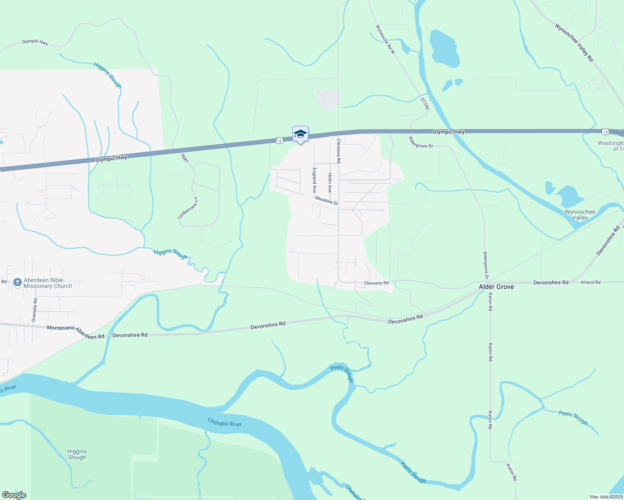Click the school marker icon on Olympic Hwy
(300, 134)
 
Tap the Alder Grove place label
(496, 287)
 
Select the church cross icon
(17, 283)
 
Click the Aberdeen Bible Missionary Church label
(48, 283)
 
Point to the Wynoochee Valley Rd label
(574, 42)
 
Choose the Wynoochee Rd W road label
(385, 40)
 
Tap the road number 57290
(425, 104)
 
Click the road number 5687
(185, 158)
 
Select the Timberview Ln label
(188, 208)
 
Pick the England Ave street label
(315, 180)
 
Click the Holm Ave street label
(330, 182)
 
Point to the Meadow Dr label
(327, 200)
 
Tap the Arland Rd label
(591, 282)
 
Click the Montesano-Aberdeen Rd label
(75, 332)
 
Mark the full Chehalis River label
(224, 422)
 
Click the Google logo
(14, 495)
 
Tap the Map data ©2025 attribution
(606, 497)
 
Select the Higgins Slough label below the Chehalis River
(77, 454)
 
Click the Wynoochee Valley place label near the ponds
(580, 215)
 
